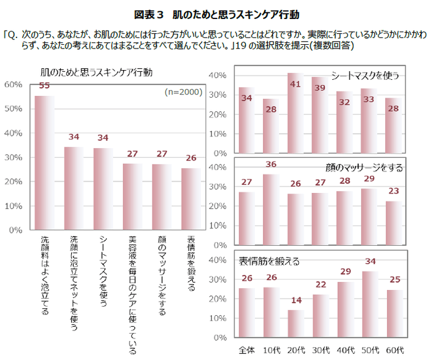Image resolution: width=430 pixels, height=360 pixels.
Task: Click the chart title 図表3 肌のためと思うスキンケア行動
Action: [216, 14]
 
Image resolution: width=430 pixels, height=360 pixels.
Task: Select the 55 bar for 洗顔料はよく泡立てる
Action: [44, 163]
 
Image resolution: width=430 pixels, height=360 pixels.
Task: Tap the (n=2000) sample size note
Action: [183, 92]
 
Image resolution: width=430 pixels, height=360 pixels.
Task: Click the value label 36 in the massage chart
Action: [272, 164]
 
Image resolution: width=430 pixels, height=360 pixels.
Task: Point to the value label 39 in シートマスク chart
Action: [319, 88]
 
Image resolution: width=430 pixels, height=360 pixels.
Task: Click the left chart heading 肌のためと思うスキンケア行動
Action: [96, 72]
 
